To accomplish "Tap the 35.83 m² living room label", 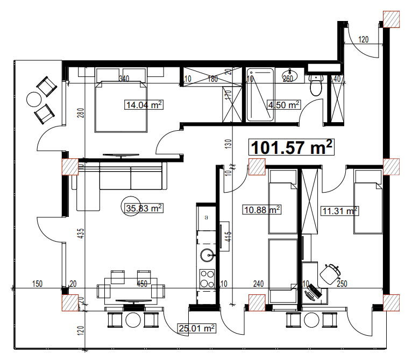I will [144, 207].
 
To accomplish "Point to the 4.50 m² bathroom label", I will [283, 105].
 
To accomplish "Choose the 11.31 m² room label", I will [339, 211].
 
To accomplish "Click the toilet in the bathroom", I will [316, 86].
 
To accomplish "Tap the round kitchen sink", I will [206, 255].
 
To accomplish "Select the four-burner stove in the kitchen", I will [207, 278].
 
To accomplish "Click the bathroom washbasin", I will [290, 75].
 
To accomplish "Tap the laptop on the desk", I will [312, 293].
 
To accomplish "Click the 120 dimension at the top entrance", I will [364, 39].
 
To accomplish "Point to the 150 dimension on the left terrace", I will [37, 284].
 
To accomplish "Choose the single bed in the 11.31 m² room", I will [368, 202].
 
